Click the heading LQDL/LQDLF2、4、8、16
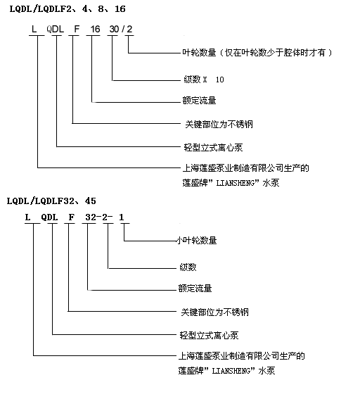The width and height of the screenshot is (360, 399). pyautogui.click(x=67, y=9)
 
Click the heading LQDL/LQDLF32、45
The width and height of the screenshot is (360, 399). pyautogui.click(x=51, y=201)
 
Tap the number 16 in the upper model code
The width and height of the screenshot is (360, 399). pyautogui.click(x=95, y=30)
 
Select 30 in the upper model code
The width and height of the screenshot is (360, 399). pyautogui.click(x=114, y=30)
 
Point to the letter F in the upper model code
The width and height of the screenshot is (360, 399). pyautogui.click(x=77, y=30)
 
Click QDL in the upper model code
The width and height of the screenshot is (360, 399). pyautogui.click(x=55, y=30)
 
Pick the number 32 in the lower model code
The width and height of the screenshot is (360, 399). pyautogui.click(x=91, y=217)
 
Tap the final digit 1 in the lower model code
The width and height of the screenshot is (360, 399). pyautogui.click(x=122, y=217)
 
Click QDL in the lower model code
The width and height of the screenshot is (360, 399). pyautogui.click(x=49, y=217)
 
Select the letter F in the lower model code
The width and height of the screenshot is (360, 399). pyautogui.click(x=72, y=217)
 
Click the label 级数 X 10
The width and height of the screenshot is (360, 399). pyautogui.click(x=204, y=80)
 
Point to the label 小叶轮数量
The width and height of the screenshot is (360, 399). pyautogui.click(x=197, y=240)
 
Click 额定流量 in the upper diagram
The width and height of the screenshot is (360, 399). pyautogui.click(x=199, y=101)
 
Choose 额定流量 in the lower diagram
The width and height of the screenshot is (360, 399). pyautogui.click(x=195, y=289)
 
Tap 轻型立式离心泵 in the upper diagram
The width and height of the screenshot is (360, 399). pyautogui.click(x=213, y=148)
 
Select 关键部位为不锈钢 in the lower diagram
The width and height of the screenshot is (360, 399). pyautogui.click(x=214, y=312)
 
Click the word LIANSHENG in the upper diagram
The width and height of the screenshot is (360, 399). pyautogui.click(x=235, y=183)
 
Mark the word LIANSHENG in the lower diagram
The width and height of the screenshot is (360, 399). pyautogui.click(x=231, y=371)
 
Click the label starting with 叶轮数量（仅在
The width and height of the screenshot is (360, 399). pyautogui.click(x=257, y=53)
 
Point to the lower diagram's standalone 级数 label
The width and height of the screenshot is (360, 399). pyautogui.click(x=188, y=267)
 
